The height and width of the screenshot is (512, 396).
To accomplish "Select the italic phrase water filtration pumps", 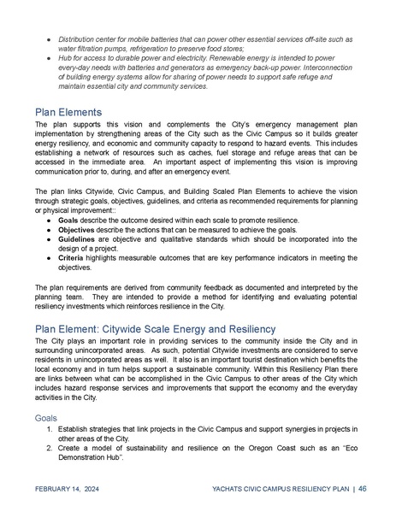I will click(94, 49).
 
